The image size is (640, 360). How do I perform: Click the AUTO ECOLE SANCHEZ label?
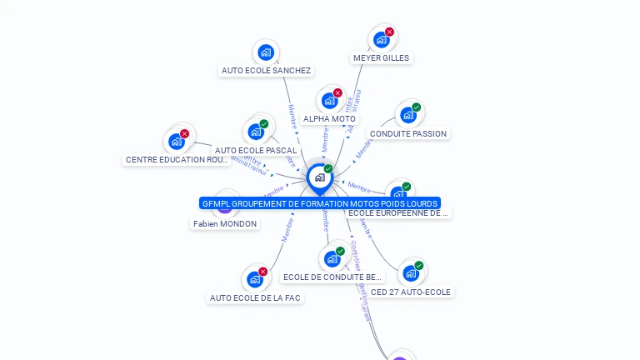click(x=266, y=71)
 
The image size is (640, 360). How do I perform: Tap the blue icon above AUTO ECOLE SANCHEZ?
click(x=266, y=52)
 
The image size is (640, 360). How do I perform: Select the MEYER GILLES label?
click(x=381, y=58)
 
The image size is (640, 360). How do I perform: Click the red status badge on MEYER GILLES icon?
click(x=389, y=32)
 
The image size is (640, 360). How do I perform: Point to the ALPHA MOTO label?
click(x=329, y=119)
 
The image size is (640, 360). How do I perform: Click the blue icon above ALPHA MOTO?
click(x=330, y=101)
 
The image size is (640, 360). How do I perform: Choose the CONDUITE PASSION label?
click(x=408, y=134)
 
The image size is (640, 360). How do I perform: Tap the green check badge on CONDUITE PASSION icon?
click(x=416, y=107)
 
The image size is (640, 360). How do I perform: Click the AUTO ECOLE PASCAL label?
click(x=256, y=151)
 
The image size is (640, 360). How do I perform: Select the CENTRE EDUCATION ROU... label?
click(x=177, y=160)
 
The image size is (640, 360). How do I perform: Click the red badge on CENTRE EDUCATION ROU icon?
click(x=184, y=134)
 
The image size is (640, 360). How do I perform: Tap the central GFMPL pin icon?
click(x=319, y=177)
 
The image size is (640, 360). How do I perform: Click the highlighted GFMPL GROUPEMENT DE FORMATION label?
click(x=319, y=203)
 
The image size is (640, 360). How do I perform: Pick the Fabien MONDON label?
click(x=225, y=224)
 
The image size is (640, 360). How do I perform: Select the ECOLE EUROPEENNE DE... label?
click(x=398, y=213)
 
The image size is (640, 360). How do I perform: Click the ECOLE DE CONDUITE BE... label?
click(x=332, y=277)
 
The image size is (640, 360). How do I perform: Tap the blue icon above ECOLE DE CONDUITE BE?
click(x=332, y=258)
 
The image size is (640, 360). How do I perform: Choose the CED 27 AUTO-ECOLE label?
click(x=411, y=292)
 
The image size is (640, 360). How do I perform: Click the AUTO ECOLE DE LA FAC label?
click(x=255, y=297)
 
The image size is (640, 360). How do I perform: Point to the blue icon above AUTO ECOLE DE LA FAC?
click(x=255, y=279)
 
